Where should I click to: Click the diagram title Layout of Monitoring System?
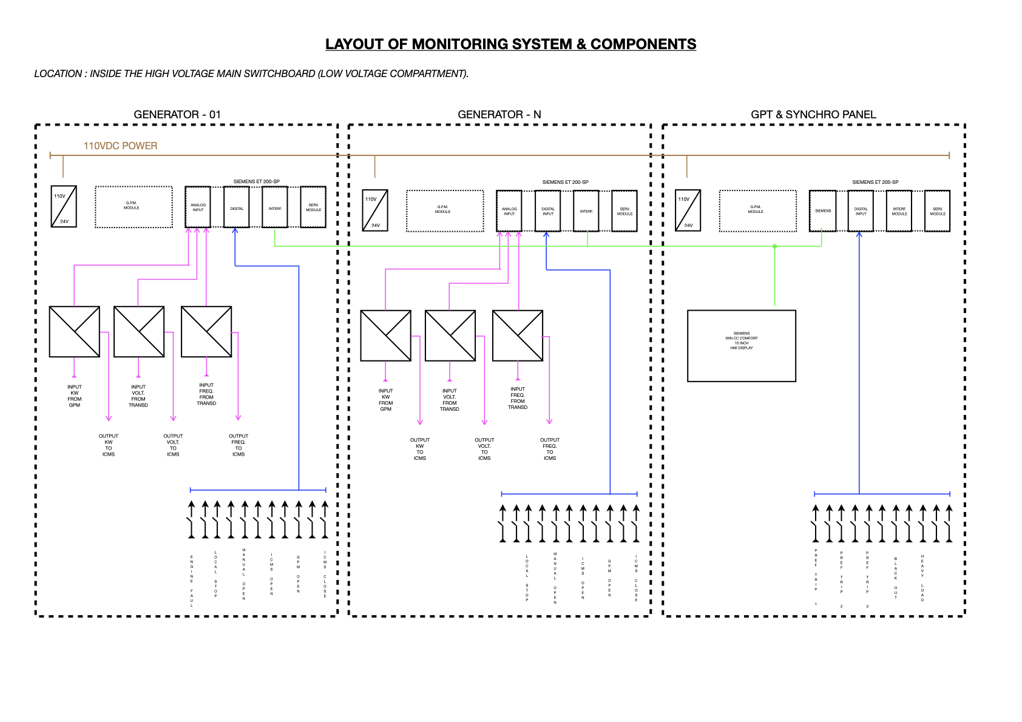510,44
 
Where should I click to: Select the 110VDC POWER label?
120,146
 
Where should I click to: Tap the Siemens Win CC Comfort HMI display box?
741,346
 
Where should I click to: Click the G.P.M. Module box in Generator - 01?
134,207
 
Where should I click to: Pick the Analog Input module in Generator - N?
509,211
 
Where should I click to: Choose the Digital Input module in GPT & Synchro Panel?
861,211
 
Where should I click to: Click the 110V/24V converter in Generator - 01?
64,207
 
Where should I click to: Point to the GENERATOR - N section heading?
499,115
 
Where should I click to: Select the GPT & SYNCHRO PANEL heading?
813,115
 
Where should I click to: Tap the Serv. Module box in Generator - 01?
313,207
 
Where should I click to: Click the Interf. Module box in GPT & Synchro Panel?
899,211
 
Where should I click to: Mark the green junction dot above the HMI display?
774,246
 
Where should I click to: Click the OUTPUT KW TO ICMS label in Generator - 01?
109,445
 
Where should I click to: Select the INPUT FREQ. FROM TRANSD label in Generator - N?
518,398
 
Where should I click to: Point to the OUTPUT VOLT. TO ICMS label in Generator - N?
484,449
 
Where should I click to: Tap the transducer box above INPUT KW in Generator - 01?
75,332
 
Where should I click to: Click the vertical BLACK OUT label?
895,578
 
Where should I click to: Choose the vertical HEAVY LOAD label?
922,578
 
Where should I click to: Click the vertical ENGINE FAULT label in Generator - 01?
192,581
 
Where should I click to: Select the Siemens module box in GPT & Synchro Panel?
822,211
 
